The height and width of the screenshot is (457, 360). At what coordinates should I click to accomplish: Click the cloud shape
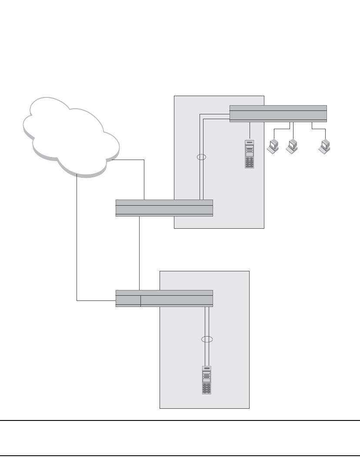[70, 135]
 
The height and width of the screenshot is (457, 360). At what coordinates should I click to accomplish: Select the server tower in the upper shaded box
[250, 154]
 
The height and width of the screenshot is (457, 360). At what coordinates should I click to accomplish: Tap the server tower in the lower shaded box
[207, 380]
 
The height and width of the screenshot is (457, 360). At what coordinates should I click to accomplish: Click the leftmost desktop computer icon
[273, 146]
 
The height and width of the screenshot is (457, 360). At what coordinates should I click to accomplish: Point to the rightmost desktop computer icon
[324, 146]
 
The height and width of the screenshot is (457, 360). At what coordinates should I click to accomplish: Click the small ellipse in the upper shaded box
[201, 157]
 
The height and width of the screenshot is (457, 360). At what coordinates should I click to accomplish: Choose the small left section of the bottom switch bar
[128, 300]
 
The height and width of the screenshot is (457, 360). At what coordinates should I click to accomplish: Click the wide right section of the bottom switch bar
[177, 300]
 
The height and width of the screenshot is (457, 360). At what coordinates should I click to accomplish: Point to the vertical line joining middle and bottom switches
[139, 252]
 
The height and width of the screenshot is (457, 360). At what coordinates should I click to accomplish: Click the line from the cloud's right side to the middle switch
[144, 178]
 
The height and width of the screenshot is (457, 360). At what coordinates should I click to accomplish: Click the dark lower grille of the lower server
[207, 388]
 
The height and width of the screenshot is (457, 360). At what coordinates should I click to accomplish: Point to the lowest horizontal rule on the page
[180, 455]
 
